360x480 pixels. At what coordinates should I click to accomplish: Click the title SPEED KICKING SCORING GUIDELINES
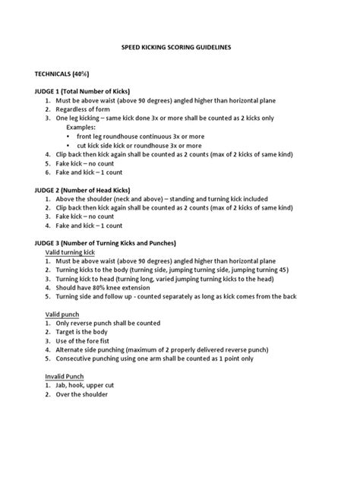pos(176,47)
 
